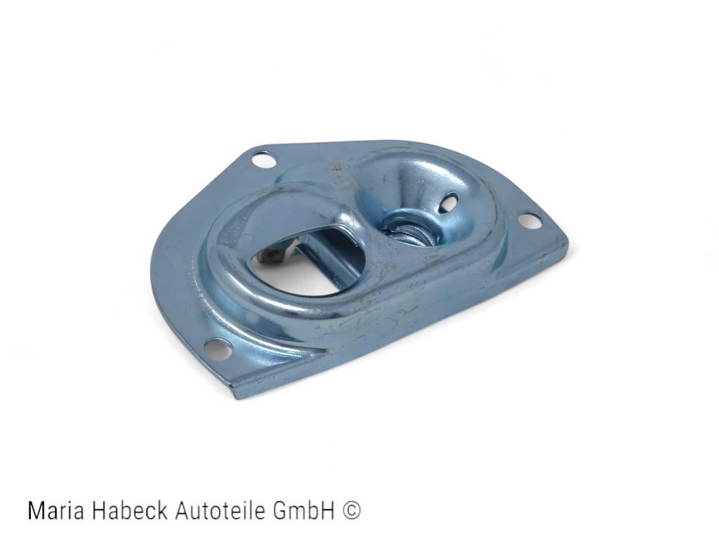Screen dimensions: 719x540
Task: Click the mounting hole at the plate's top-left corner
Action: click(264, 160)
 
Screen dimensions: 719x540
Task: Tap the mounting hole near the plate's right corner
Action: click(529, 220)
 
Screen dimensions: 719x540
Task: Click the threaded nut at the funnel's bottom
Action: click(409, 230)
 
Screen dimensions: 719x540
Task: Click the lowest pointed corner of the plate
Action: click(237, 397)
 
